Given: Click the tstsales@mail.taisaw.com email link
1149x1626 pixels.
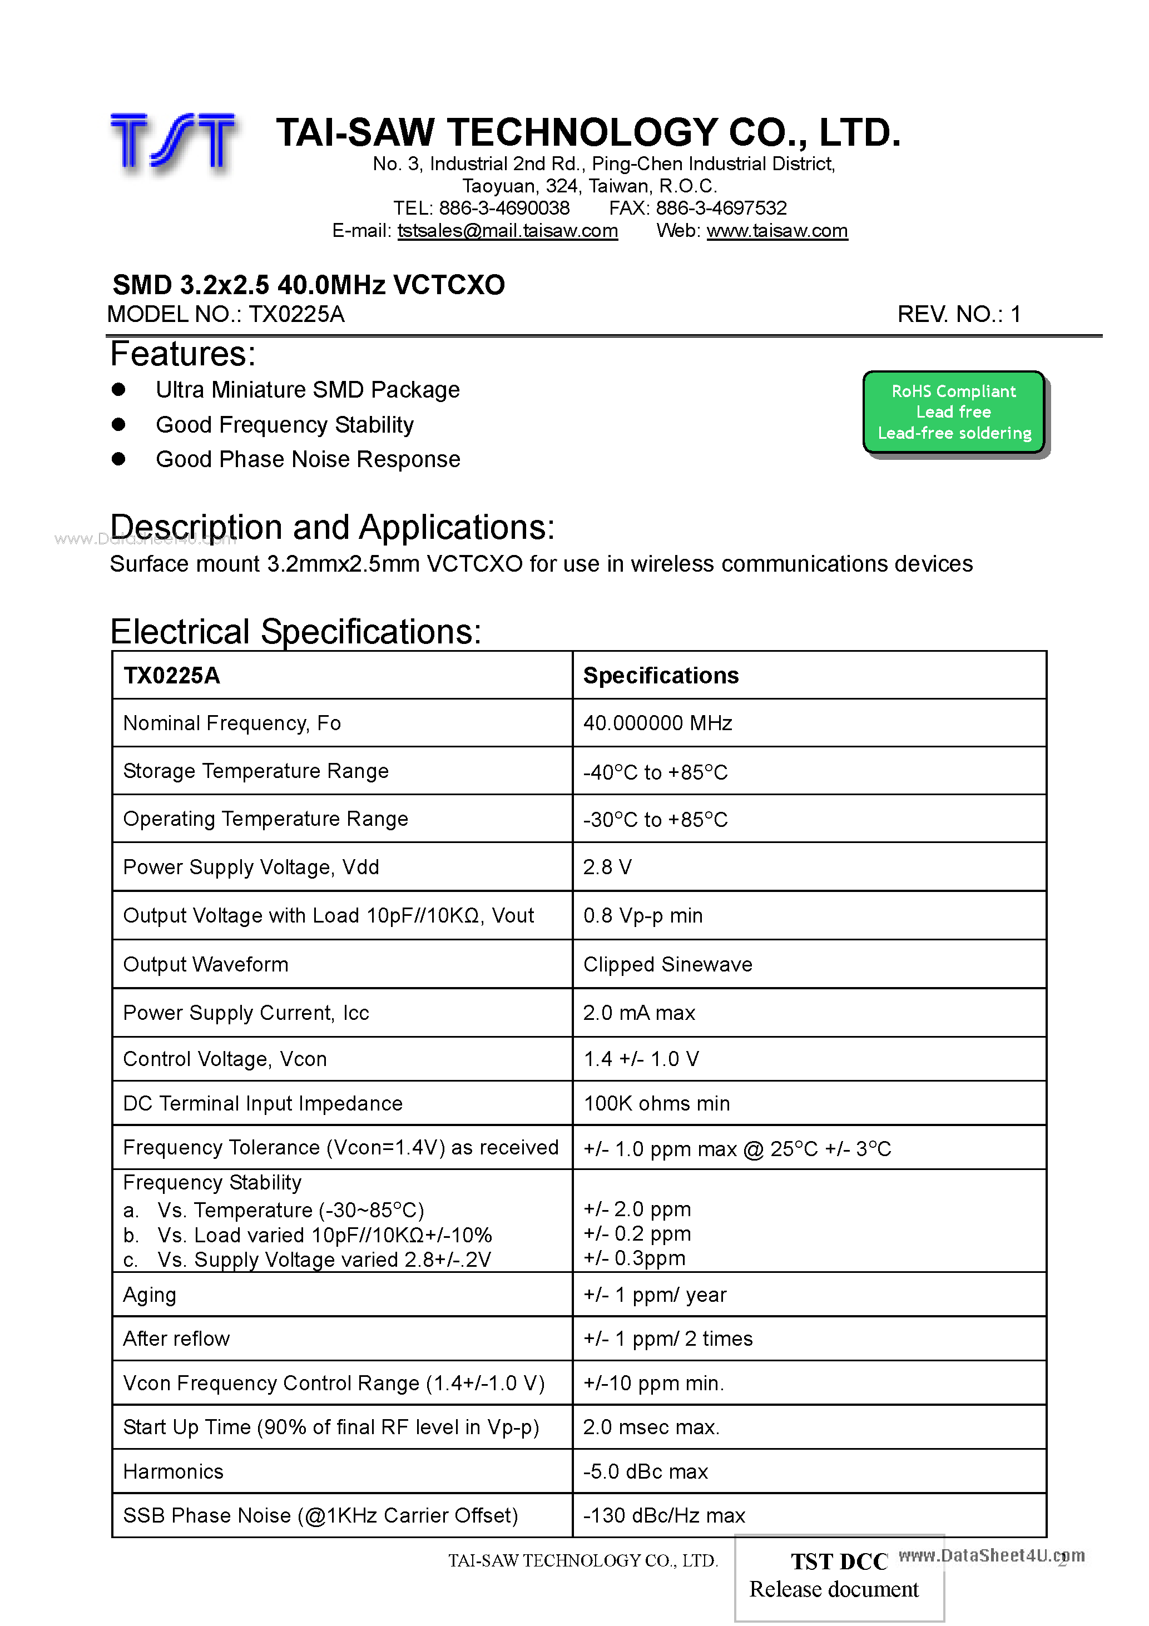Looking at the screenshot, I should [x=507, y=231].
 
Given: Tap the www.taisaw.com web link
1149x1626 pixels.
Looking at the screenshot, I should [x=776, y=231].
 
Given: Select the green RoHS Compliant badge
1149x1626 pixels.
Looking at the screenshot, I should [x=953, y=412].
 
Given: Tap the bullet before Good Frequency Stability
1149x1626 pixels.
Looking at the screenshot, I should [x=119, y=424].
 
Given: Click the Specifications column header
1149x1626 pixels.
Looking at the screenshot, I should [x=660, y=676].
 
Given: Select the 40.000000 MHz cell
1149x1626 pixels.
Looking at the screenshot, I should [x=657, y=723].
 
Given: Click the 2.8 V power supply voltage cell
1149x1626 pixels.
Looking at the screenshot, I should [x=607, y=867].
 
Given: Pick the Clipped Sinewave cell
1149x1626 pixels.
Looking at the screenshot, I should [x=667, y=965].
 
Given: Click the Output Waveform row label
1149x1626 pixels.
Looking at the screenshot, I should [x=205, y=965].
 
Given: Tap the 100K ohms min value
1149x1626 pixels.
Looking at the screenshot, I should [x=656, y=1103].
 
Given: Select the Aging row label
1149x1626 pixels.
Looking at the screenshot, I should [x=150, y=1295].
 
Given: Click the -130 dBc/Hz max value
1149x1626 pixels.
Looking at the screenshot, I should [x=663, y=1515].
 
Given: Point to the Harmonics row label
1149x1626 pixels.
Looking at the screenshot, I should [x=173, y=1471].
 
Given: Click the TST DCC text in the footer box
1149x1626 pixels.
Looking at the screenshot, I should [x=839, y=1561].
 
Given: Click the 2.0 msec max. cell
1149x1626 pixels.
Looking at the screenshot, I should [x=651, y=1427].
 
